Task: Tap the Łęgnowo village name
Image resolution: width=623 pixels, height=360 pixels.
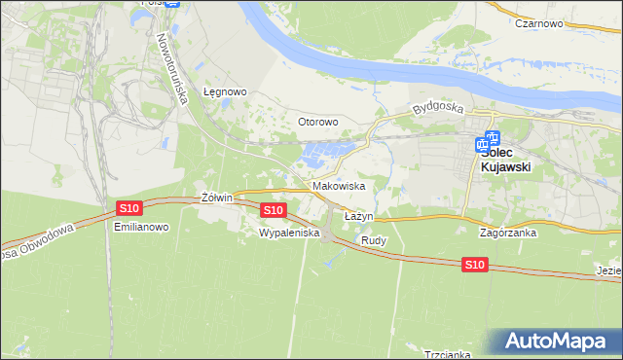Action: [226, 91]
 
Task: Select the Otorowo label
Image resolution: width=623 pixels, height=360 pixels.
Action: [317, 122]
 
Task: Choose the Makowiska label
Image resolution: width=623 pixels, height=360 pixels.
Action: [339, 185]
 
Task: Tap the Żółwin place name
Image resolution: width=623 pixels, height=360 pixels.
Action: [215, 198]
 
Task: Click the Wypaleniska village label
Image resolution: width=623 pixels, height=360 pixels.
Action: [289, 234]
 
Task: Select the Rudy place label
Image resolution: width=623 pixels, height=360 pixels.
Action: [374, 239]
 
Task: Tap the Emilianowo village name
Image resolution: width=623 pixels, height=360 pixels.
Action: [142, 227]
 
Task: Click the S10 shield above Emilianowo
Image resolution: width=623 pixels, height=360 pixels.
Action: [129, 207]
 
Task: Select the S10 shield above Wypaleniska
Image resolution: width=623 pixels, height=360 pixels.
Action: [274, 209]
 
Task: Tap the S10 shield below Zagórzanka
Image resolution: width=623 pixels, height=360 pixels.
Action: [474, 264]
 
